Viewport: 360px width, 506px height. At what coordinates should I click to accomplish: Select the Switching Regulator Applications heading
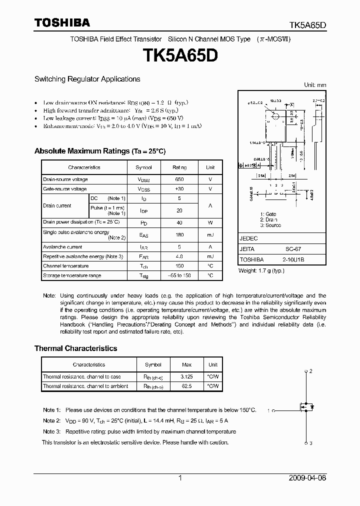pos(87,79)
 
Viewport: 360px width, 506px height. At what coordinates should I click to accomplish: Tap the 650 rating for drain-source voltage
pos(179,179)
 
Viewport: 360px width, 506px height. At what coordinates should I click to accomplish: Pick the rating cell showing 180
pos(179,234)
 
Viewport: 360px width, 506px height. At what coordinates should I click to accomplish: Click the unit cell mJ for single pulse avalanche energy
pos(210,234)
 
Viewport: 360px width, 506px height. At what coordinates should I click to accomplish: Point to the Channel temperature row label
pos(65,266)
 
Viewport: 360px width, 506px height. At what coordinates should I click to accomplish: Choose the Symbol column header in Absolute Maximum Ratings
pos(143,167)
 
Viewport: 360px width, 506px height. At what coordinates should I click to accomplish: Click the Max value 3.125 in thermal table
pos(186,376)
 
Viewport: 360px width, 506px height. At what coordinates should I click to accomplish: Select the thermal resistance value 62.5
pos(186,386)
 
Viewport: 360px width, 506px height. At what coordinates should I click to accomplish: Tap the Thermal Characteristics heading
pos(75,348)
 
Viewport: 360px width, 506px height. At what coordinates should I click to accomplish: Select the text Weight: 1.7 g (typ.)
pos(261,270)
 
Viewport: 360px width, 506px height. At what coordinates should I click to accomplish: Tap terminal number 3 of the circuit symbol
pos(310,443)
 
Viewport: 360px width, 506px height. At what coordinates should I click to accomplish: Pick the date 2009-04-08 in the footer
pos(307,478)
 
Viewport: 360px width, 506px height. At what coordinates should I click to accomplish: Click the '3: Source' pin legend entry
pos(270,225)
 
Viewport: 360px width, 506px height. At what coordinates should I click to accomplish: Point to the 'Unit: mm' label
pos(315,85)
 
